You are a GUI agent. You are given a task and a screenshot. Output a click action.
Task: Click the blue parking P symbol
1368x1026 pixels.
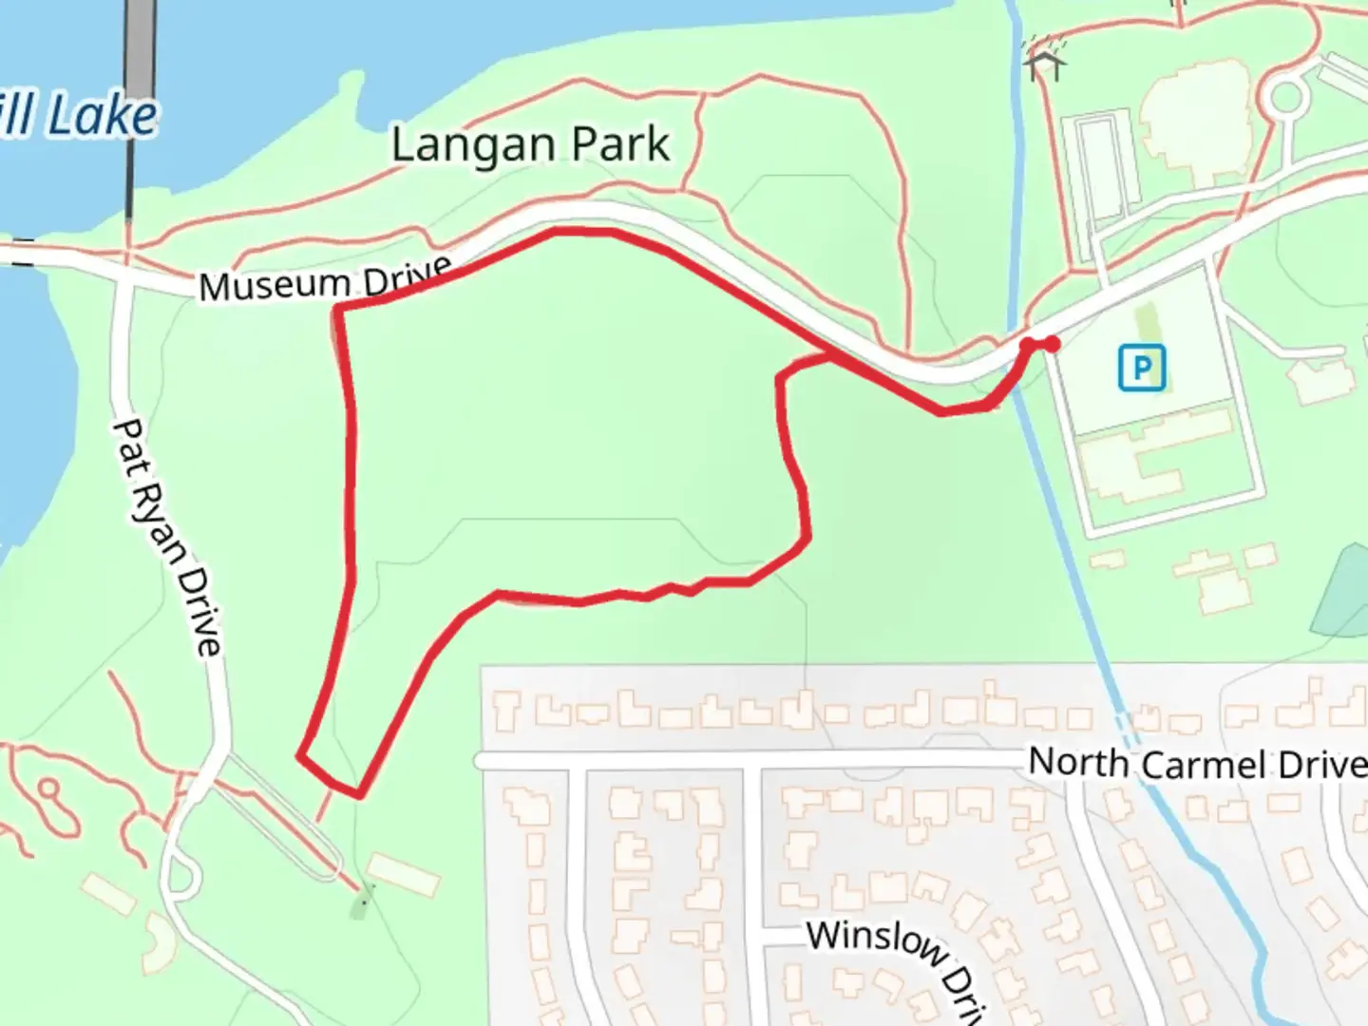coord(1141,368)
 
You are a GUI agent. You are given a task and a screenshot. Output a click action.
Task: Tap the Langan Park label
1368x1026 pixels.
coord(530,145)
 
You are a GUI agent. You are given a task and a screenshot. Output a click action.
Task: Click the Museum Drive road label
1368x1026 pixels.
coord(325,280)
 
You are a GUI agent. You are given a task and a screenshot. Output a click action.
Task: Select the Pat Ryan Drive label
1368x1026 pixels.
coord(168,537)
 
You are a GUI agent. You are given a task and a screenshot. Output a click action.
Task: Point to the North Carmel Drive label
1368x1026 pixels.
coord(1197,763)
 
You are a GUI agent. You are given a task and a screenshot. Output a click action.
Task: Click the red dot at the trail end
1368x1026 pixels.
coord(1052,344)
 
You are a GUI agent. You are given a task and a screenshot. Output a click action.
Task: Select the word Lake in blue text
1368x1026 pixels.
coord(103,117)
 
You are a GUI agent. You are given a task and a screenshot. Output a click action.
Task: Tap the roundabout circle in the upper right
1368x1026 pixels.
coord(1285,97)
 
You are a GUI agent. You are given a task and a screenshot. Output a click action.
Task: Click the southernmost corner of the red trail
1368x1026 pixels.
coord(359,794)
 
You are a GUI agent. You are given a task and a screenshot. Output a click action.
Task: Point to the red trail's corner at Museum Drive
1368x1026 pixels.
coord(339,309)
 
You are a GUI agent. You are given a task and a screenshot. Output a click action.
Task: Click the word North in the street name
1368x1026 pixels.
coord(1078,761)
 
